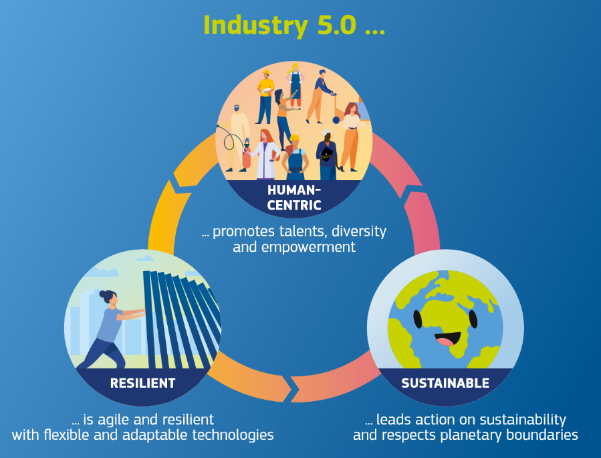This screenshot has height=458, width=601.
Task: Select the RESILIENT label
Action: (142, 384)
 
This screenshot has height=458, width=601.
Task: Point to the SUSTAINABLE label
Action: (445, 384)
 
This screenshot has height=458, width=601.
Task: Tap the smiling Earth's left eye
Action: (418, 319)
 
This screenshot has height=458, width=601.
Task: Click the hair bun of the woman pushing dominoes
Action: (103, 295)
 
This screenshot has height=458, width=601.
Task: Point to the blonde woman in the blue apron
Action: (295, 86)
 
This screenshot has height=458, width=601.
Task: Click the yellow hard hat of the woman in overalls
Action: (295, 138)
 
